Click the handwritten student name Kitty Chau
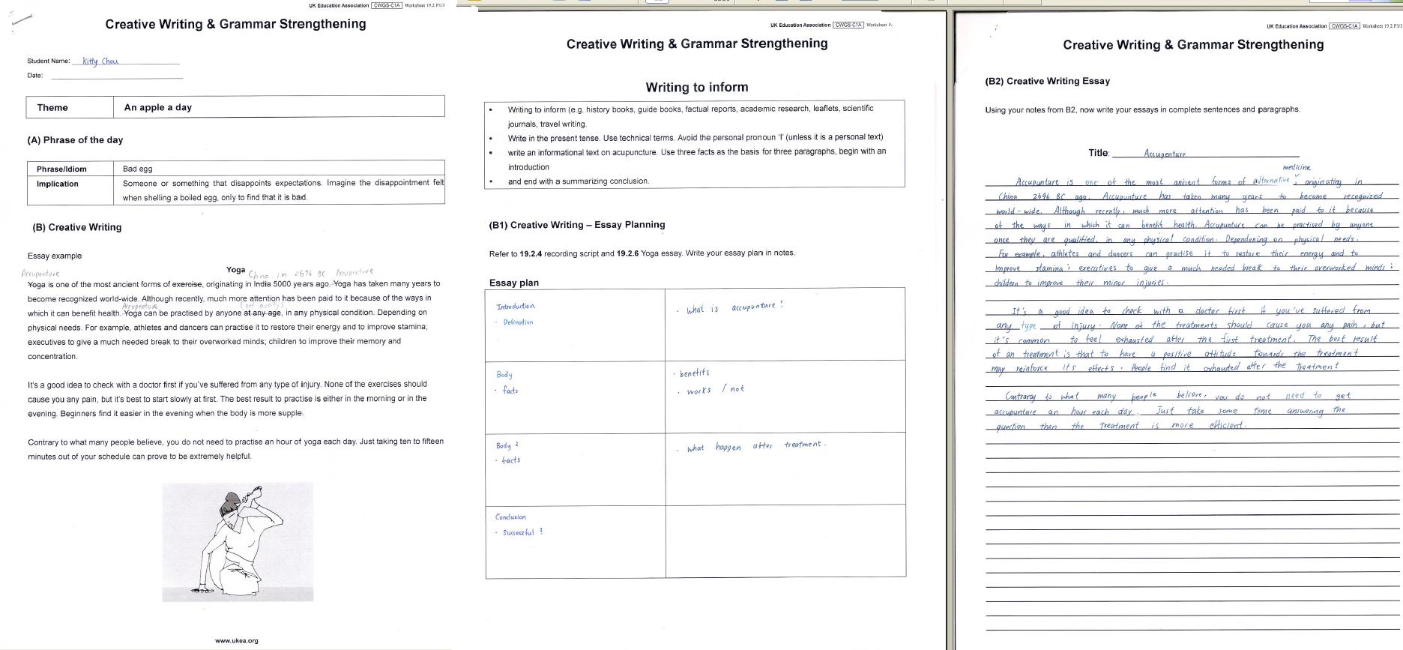100,61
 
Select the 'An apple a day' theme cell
158,107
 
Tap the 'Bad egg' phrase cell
138,169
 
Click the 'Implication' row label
58,184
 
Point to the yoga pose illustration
238,541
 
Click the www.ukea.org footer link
236,640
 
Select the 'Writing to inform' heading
696,87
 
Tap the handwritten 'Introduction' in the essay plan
516,306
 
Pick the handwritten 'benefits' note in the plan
694,373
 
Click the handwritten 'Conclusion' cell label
510,517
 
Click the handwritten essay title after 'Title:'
1165,154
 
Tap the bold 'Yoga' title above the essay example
236,270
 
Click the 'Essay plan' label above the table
514,283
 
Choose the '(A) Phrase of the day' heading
75,140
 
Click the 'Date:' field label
35,75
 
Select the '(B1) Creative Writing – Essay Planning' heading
576,224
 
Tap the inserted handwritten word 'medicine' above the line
1297,167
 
